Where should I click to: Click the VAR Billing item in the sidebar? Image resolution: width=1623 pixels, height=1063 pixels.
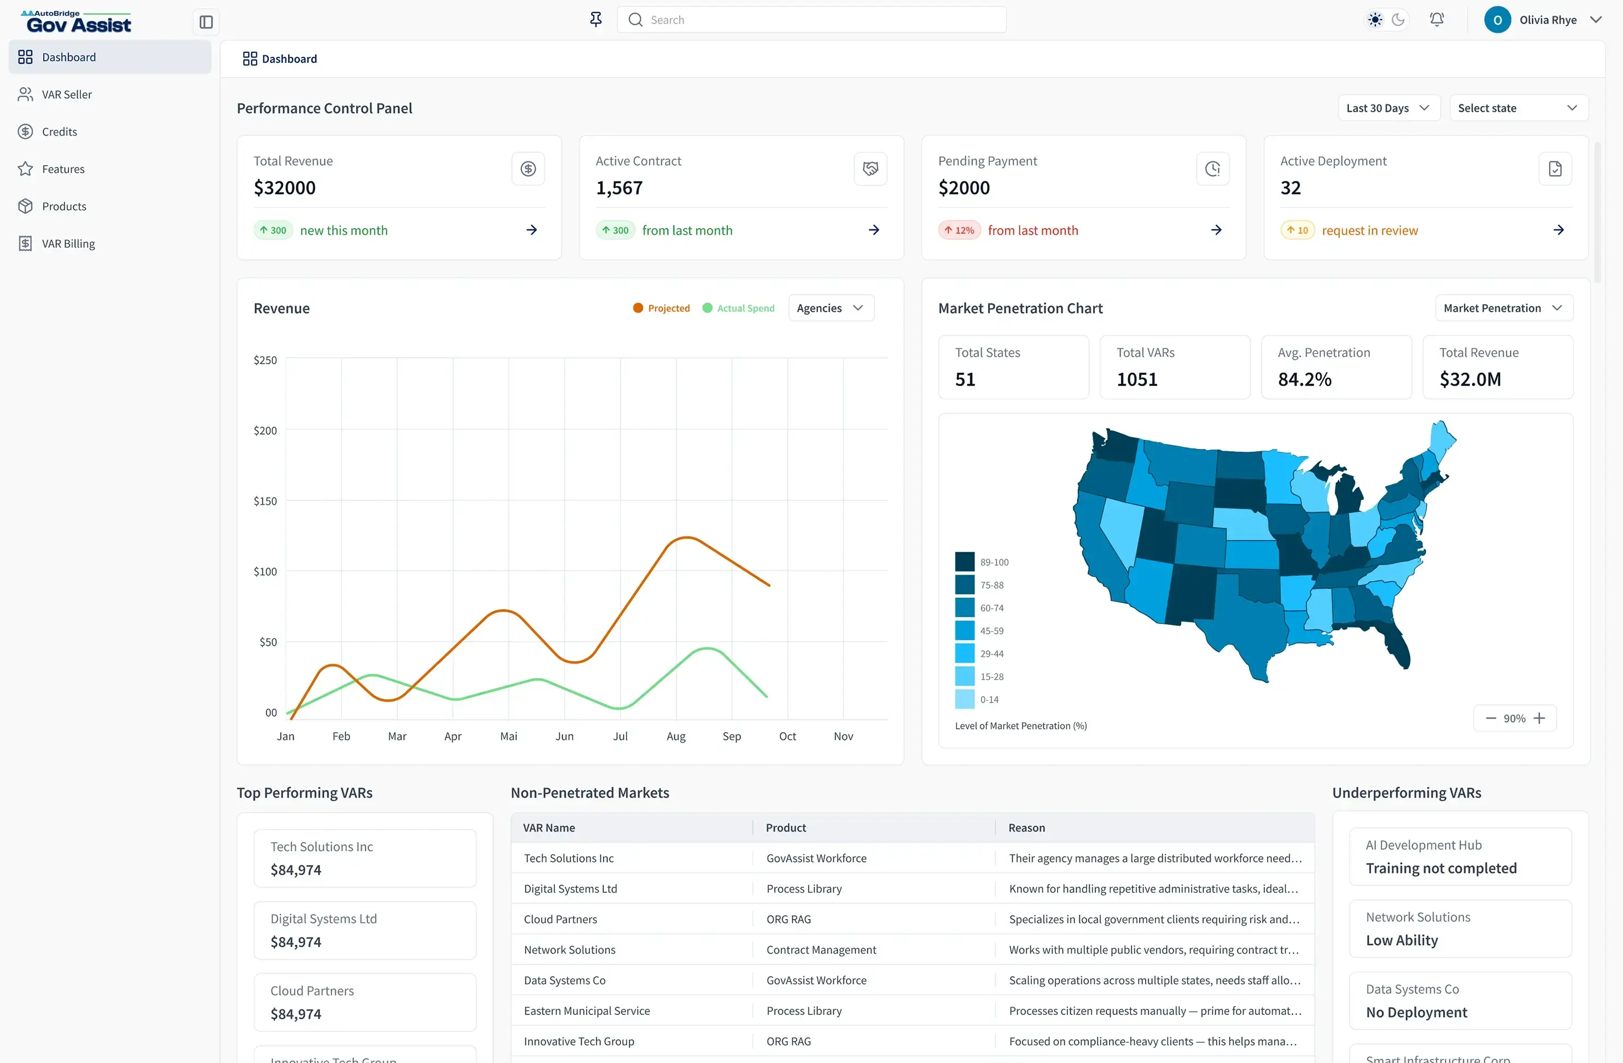(68, 243)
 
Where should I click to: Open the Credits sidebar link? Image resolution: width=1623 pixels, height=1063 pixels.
(59, 132)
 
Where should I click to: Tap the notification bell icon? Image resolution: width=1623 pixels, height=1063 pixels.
(1436, 20)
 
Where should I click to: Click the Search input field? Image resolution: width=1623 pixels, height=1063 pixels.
(811, 20)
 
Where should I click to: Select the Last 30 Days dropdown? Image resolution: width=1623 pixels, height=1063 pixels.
(1388, 108)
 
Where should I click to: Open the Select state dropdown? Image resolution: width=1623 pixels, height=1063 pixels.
(1518, 108)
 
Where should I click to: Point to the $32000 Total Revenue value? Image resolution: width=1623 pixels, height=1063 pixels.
(284, 188)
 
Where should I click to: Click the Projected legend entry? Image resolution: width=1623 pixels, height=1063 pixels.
(662, 308)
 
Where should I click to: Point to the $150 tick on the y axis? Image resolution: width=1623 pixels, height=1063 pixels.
(265, 501)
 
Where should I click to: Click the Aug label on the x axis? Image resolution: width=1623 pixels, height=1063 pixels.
(676, 737)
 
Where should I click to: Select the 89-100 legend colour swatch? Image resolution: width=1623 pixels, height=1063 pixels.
(964, 562)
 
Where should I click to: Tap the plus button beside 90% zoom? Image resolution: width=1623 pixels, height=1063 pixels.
(1539, 718)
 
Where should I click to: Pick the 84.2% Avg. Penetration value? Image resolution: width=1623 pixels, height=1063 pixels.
(1305, 379)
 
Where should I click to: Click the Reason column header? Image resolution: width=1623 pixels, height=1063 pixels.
(1026, 828)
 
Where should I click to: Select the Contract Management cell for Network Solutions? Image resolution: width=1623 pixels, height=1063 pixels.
(821, 950)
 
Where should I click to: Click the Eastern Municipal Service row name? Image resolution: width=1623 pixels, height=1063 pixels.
(586, 1011)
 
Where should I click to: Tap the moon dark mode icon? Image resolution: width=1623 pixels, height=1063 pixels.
(1398, 20)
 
